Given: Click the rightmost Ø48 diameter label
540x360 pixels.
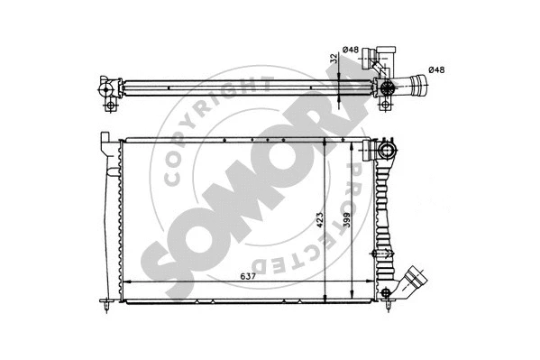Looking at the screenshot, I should click(436, 69).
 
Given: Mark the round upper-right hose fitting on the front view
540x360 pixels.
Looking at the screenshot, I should click(389, 150).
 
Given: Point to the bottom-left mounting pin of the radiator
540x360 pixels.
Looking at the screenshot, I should click(107, 308).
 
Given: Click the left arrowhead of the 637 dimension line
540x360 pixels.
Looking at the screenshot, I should click(125, 283).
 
